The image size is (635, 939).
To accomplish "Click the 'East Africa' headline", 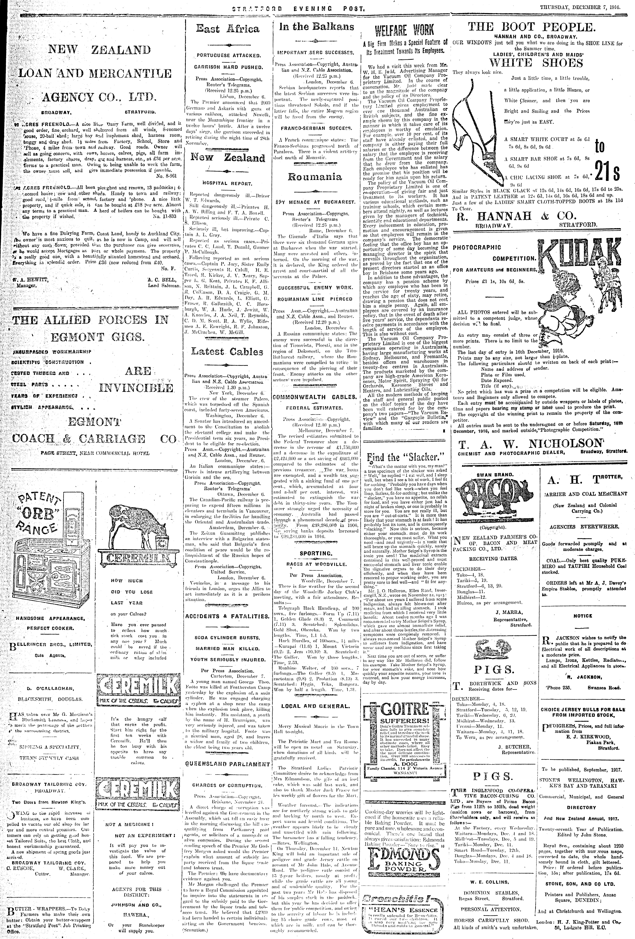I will point(227,29).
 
